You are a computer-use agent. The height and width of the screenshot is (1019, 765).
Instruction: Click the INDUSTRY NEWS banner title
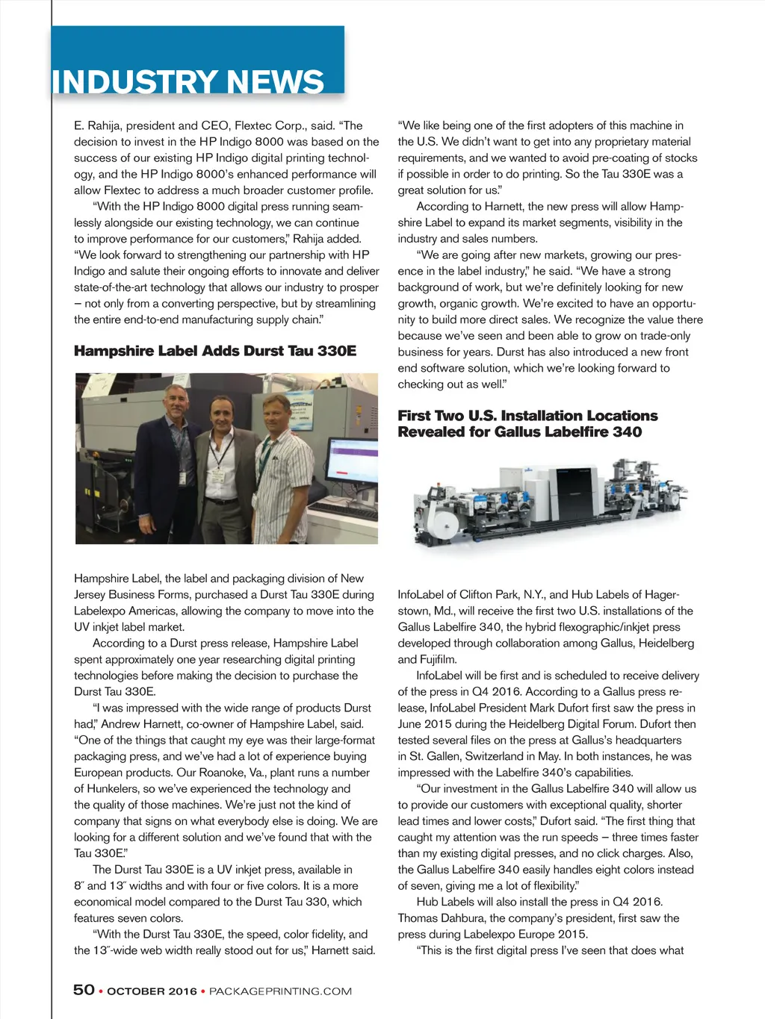(x=188, y=81)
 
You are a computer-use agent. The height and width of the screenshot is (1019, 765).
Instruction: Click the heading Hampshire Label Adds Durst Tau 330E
(x=215, y=351)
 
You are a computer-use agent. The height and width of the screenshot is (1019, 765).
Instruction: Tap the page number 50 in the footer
(x=84, y=990)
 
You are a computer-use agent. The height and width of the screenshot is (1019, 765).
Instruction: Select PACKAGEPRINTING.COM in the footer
(x=280, y=991)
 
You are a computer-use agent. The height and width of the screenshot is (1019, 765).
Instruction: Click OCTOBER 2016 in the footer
(x=152, y=991)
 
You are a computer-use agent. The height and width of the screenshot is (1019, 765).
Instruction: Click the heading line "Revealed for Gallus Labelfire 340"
(x=519, y=432)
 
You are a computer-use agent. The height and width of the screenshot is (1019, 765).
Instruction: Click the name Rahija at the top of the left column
(x=104, y=125)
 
